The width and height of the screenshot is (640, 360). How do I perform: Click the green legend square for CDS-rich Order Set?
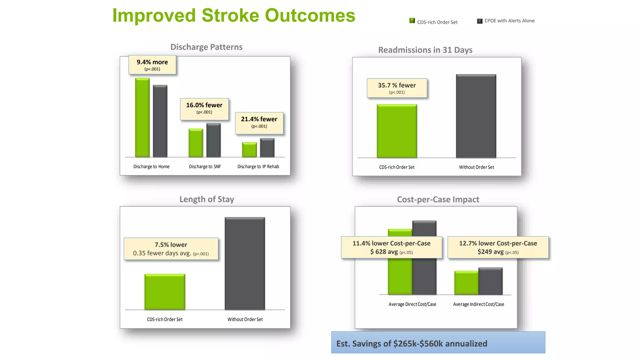coord(412,21)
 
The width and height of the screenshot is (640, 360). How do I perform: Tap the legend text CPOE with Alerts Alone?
coord(509,21)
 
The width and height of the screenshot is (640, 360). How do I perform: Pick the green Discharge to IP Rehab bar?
coord(249,150)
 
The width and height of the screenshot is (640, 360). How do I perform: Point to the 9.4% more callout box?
coord(152,65)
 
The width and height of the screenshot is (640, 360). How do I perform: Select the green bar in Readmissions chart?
coord(397,131)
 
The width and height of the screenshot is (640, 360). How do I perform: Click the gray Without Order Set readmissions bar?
coord(476,116)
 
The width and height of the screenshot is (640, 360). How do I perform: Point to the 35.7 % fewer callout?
coord(397,88)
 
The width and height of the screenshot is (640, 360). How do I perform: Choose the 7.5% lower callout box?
coord(171,249)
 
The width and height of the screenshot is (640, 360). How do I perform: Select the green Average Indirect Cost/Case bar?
coord(466,282)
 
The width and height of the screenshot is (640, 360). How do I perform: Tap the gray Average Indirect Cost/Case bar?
coord(490,281)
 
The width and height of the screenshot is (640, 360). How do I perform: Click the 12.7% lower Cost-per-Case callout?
coord(498,247)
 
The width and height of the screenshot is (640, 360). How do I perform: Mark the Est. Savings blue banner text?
coord(412,343)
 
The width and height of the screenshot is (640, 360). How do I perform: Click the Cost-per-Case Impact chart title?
coord(438,199)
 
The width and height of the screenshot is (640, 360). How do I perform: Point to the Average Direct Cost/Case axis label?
coord(412,304)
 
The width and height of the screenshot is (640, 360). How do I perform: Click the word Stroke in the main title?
coord(230,15)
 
